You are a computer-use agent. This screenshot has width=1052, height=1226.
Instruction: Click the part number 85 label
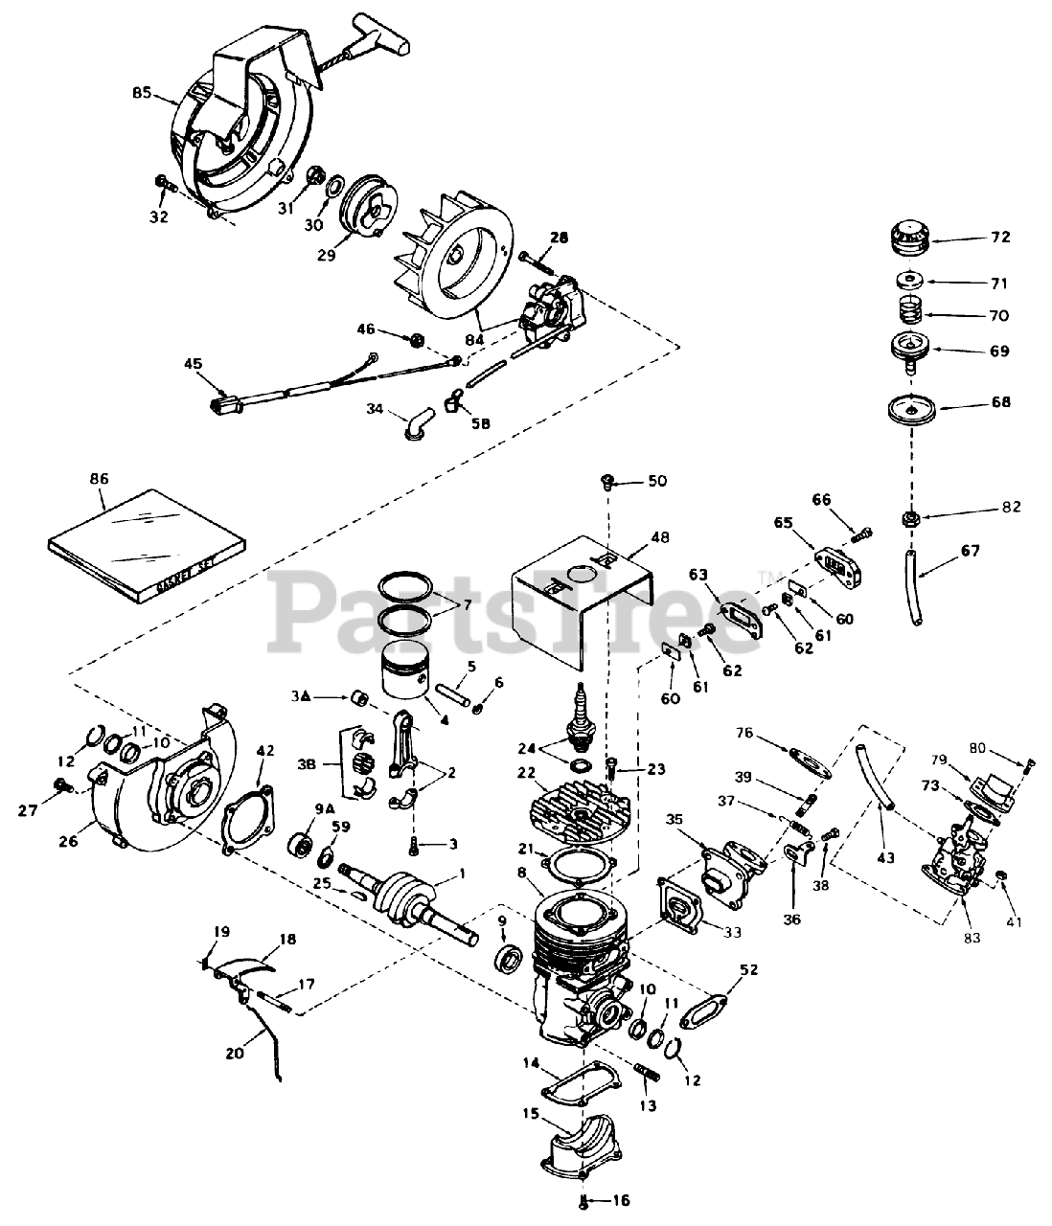[142, 93]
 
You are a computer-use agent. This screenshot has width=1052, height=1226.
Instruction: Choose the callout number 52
[749, 969]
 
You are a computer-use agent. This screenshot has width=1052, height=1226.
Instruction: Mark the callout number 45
[194, 363]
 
